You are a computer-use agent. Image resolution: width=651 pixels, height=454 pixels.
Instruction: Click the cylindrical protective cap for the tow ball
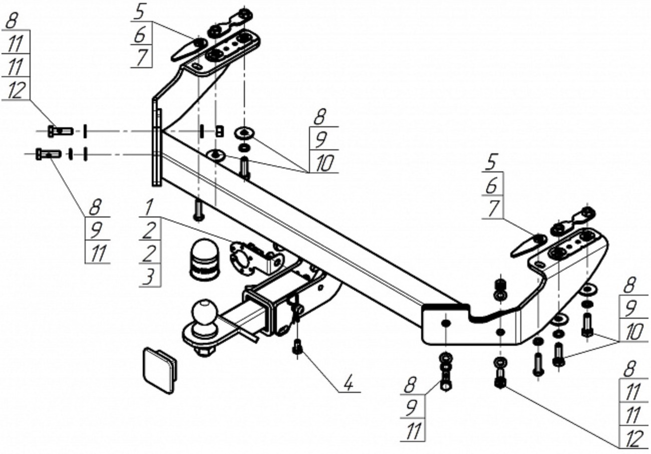(204, 260)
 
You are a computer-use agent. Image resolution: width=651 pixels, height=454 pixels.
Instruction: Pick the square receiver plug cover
(160, 370)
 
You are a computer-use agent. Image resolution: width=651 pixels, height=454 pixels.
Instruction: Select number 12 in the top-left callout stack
(16, 90)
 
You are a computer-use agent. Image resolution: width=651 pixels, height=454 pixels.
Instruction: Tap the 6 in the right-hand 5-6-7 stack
(491, 186)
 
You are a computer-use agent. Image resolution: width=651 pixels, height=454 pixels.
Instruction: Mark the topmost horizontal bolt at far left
(61, 131)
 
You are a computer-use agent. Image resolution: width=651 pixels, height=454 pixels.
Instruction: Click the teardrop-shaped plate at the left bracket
(189, 49)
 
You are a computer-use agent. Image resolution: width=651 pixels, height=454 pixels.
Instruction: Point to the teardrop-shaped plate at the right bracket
(528, 246)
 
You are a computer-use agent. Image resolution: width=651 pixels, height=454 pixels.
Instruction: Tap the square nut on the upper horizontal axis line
(220, 131)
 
